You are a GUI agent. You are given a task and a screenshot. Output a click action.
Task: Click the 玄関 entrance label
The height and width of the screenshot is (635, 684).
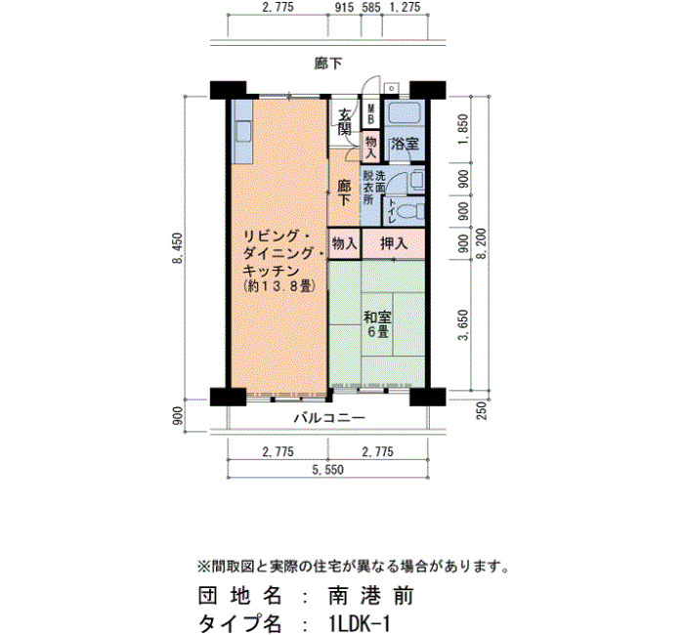345,122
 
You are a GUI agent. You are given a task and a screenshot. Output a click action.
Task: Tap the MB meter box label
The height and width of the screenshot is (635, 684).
371,114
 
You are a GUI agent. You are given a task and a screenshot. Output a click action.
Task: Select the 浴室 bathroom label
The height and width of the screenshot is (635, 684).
405,144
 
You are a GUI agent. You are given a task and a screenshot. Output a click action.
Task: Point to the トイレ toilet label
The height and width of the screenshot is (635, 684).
391,212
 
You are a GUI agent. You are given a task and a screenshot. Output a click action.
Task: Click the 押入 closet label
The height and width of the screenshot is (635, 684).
394,244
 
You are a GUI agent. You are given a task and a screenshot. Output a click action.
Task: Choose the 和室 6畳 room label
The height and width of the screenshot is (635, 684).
378,324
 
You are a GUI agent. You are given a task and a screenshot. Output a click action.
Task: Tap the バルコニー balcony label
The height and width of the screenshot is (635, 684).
330,418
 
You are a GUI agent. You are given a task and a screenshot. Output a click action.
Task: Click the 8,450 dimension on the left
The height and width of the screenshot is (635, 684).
178,248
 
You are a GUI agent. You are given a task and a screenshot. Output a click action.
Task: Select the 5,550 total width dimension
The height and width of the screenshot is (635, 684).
327,470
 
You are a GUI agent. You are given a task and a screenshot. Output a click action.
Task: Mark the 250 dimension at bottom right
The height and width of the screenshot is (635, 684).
482,410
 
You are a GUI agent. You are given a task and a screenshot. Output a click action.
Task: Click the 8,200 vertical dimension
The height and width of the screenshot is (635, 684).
481,243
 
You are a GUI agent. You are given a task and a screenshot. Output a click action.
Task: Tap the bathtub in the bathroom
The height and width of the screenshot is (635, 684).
405,113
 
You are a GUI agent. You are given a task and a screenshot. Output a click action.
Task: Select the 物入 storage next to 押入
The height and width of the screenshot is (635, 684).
345,244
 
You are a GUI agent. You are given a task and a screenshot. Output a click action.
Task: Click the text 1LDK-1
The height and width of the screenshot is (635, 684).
360,623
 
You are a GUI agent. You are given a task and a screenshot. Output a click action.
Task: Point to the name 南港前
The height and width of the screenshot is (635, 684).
370,596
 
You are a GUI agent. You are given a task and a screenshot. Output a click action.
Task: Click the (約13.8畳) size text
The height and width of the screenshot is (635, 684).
279,286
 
